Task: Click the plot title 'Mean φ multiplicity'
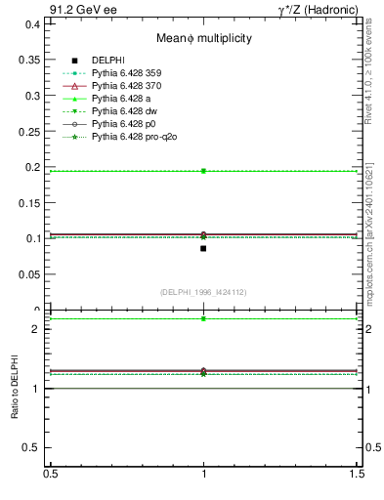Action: [x=204, y=38]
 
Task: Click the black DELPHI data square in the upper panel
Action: [x=203, y=248]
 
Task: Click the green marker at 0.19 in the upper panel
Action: [x=203, y=171]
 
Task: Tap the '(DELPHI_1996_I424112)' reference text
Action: [x=203, y=292]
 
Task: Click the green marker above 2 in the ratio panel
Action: [x=203, y=318]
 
